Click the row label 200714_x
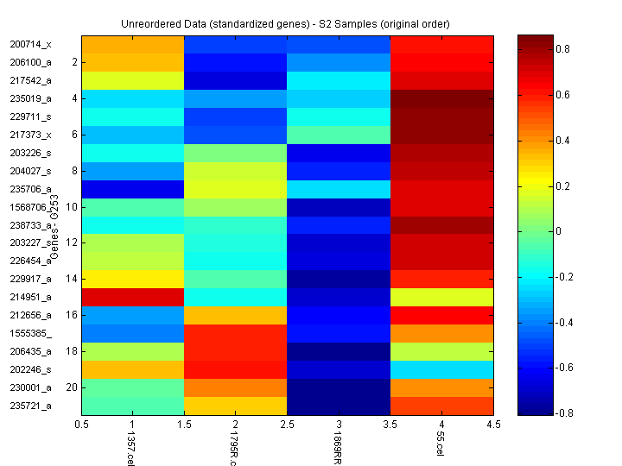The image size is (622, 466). [x=30, y=44]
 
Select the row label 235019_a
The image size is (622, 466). [x=30, y=98]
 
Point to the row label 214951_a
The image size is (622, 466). [x=30, y=297]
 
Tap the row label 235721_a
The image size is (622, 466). [x=30, y=406]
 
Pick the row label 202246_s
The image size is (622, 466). [x=30, y=369]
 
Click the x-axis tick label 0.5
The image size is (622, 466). [x=82, y=425]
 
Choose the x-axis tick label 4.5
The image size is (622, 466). [x=492, y=425]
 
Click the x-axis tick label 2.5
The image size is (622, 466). [x=287, y=425]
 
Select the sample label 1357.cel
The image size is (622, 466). [x=131, y=447]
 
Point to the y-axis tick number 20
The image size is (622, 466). [x=72, y=387]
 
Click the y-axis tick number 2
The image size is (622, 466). [x=74, y=62]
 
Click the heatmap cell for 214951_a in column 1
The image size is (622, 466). [x=133, y=297]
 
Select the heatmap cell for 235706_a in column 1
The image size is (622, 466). [x=133, y=189]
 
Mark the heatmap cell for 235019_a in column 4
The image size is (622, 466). [x=441, y=98]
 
